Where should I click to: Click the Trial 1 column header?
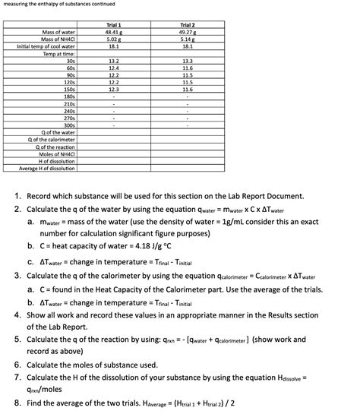pyautogui.click(x=113, y=26)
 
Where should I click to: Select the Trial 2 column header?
pyautogui.click(x=188, y=26)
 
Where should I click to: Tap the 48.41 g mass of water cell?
pyautogui.click(x=113, y=33)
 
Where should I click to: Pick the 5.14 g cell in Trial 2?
pyautogui.click(x=188, y=40)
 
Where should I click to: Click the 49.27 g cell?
pyautogui.click(x=188, y=33)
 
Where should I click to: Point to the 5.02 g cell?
pyautogui.click(x=113, y=40)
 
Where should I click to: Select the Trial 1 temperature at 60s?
pyautogui.click(x=113, y=68)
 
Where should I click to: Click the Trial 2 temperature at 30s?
pyautogui.click(x=188, y=60)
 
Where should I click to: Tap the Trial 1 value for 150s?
pyautogui.click(x=113, y=89)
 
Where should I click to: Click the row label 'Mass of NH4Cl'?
pyautogui.click(x=58, y=40)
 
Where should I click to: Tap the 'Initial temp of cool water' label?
pyautogui.click(x=46, y=46)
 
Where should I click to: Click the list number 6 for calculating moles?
pyautogui.click(x=17, y=365)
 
